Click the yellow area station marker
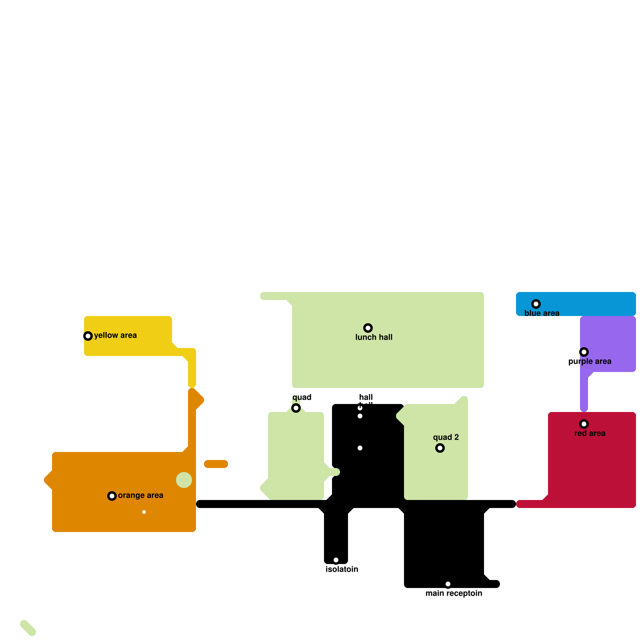pyautogui.click(x=88, y=336)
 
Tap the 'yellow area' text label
pyautogui.click(x=115, y=335)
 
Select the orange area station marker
pyautogui.click(x=112, y=496)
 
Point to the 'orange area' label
pyautogui.click(x=140, y=495)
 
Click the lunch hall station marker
pyautogui.click(x=368, y=328)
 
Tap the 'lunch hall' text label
pyautogui.click(x=374, y=337)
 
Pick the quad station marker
pyautogui.click(x=296, y=408)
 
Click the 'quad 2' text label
pyautogui.click(x=446, y=437)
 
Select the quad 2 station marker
pyautogui.click(x=440, y=448)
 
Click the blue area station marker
pyautogui.click(x=536, y=304)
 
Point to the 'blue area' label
pyautogui.click(x=542, y=313)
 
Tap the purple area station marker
pyautogui.click(x=584, y=352)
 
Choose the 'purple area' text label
pyautogui.click(x=590, y=361)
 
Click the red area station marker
pyautogui.click(x=584, y=424)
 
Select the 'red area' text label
pyautogui.click(x=590, y=433)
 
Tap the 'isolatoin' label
pyautogui.click(x=342, y=569)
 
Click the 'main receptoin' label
pyautogui.click(x=454, y=593)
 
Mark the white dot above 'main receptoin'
pyautogui.click(x=448, y=584)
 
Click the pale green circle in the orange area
pyautogui.click(x=184, y=480)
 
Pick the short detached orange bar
pyautogui.click(x=216, y=464)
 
